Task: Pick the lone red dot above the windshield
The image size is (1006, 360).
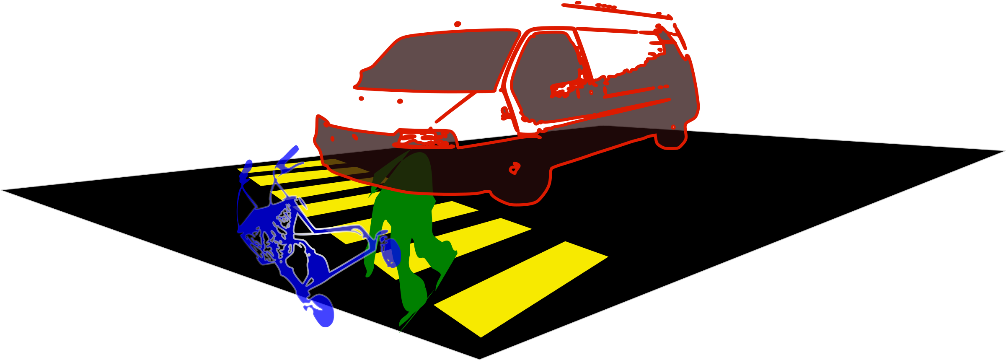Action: pos(458,24)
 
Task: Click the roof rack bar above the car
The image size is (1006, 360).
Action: pos(616,11)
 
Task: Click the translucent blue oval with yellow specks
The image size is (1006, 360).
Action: pos(392,252)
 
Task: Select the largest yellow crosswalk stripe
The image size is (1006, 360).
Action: pos(520,289)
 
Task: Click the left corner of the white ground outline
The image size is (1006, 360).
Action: pos(2,190)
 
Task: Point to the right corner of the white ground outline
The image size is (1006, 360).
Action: pos(1004,150)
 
